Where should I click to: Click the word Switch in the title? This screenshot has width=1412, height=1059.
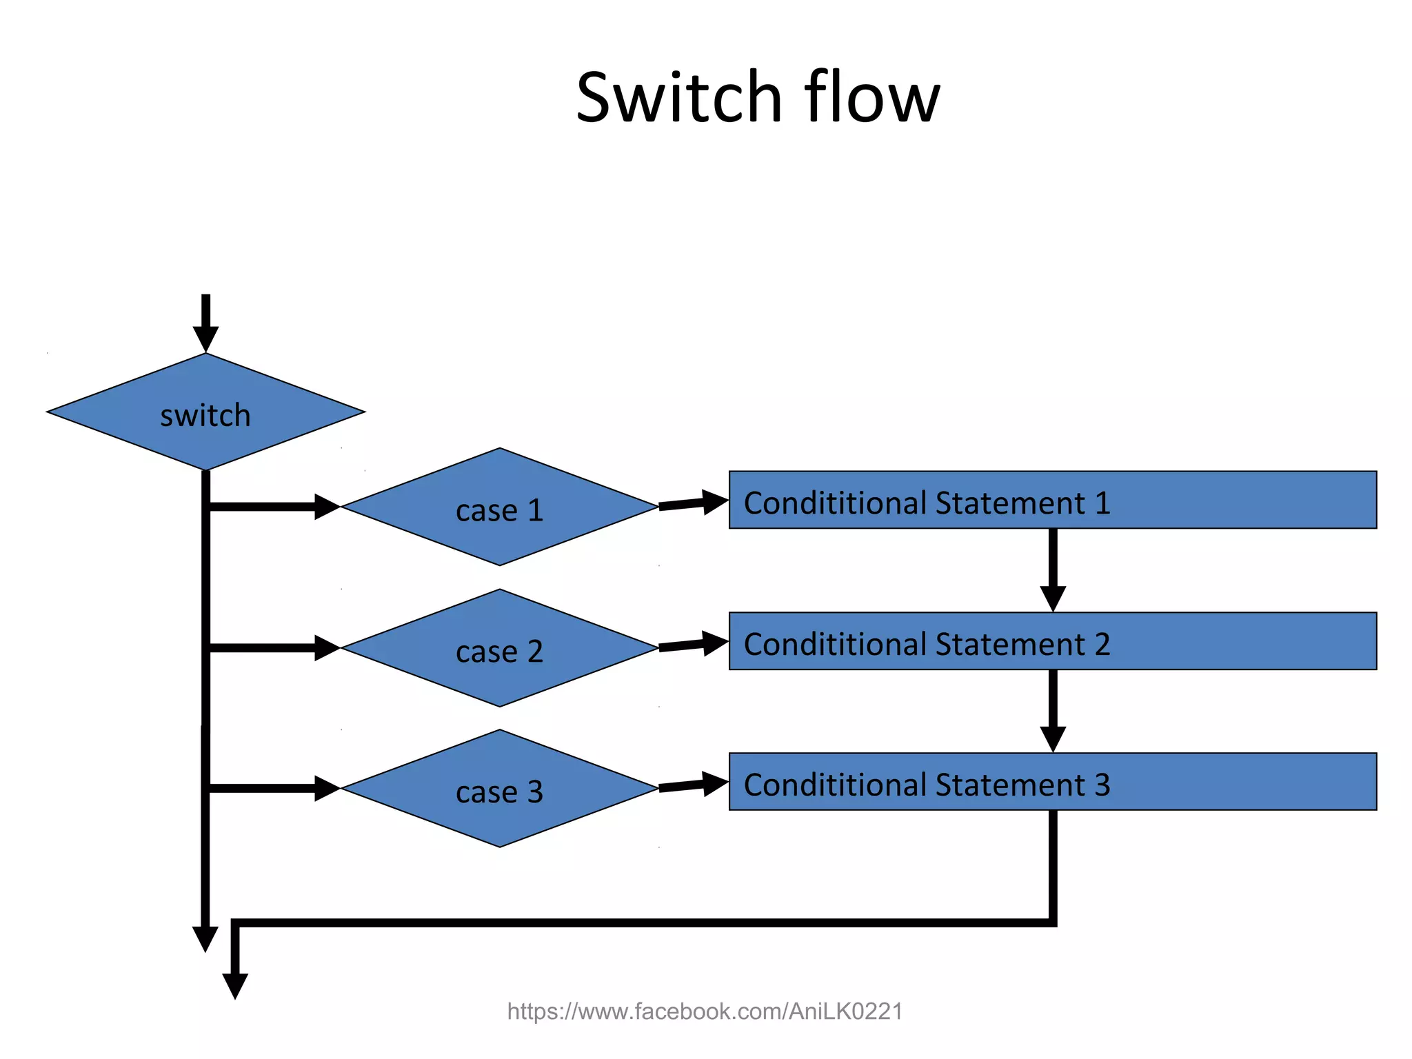678,98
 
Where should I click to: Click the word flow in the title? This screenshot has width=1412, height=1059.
871,98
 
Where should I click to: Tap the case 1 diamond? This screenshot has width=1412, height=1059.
499,507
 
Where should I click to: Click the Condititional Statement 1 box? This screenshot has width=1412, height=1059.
1052,501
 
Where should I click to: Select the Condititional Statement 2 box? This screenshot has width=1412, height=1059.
1052,641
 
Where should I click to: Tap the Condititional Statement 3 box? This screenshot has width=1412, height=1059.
1052,782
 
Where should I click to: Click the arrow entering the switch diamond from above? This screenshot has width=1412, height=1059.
205,324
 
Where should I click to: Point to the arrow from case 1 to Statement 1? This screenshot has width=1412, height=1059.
693,503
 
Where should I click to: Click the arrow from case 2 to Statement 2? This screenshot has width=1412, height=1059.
693,645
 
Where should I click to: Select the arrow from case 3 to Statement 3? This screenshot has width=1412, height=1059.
693,785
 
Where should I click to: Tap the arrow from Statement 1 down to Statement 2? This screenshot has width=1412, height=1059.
1053,569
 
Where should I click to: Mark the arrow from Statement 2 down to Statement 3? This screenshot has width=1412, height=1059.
1053,710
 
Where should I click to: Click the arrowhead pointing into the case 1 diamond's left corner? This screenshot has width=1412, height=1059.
326,507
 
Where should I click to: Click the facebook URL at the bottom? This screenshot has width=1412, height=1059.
705,1011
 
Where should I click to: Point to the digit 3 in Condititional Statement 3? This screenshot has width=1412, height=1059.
1102,785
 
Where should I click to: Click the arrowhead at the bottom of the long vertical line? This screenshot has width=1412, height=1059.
205,938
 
